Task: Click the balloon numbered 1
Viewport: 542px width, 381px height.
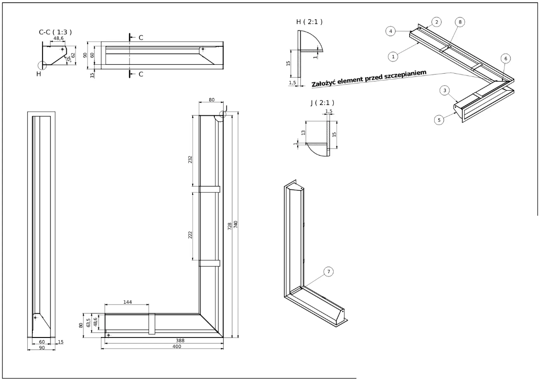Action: (392, 56)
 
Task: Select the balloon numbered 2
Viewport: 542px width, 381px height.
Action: (436, 22)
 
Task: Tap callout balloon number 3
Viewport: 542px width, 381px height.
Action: (444, 91)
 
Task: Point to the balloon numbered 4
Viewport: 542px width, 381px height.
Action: (391, 31)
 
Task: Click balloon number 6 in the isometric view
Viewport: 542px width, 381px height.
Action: (505, 59)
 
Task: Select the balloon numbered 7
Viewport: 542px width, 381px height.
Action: (328, 272)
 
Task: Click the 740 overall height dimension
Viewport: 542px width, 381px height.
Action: (236, 224)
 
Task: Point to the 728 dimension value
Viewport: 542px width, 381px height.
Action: (230, 224)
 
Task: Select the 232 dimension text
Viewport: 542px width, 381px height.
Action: (190, 160)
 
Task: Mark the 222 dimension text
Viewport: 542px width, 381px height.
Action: (190, 235)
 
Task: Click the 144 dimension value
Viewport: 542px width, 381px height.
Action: (127, 302)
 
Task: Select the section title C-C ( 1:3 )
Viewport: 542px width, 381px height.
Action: (55, 32)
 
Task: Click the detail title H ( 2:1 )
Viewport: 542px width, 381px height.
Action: (309, 22)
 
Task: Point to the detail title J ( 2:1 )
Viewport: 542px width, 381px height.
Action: (322, 103)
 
